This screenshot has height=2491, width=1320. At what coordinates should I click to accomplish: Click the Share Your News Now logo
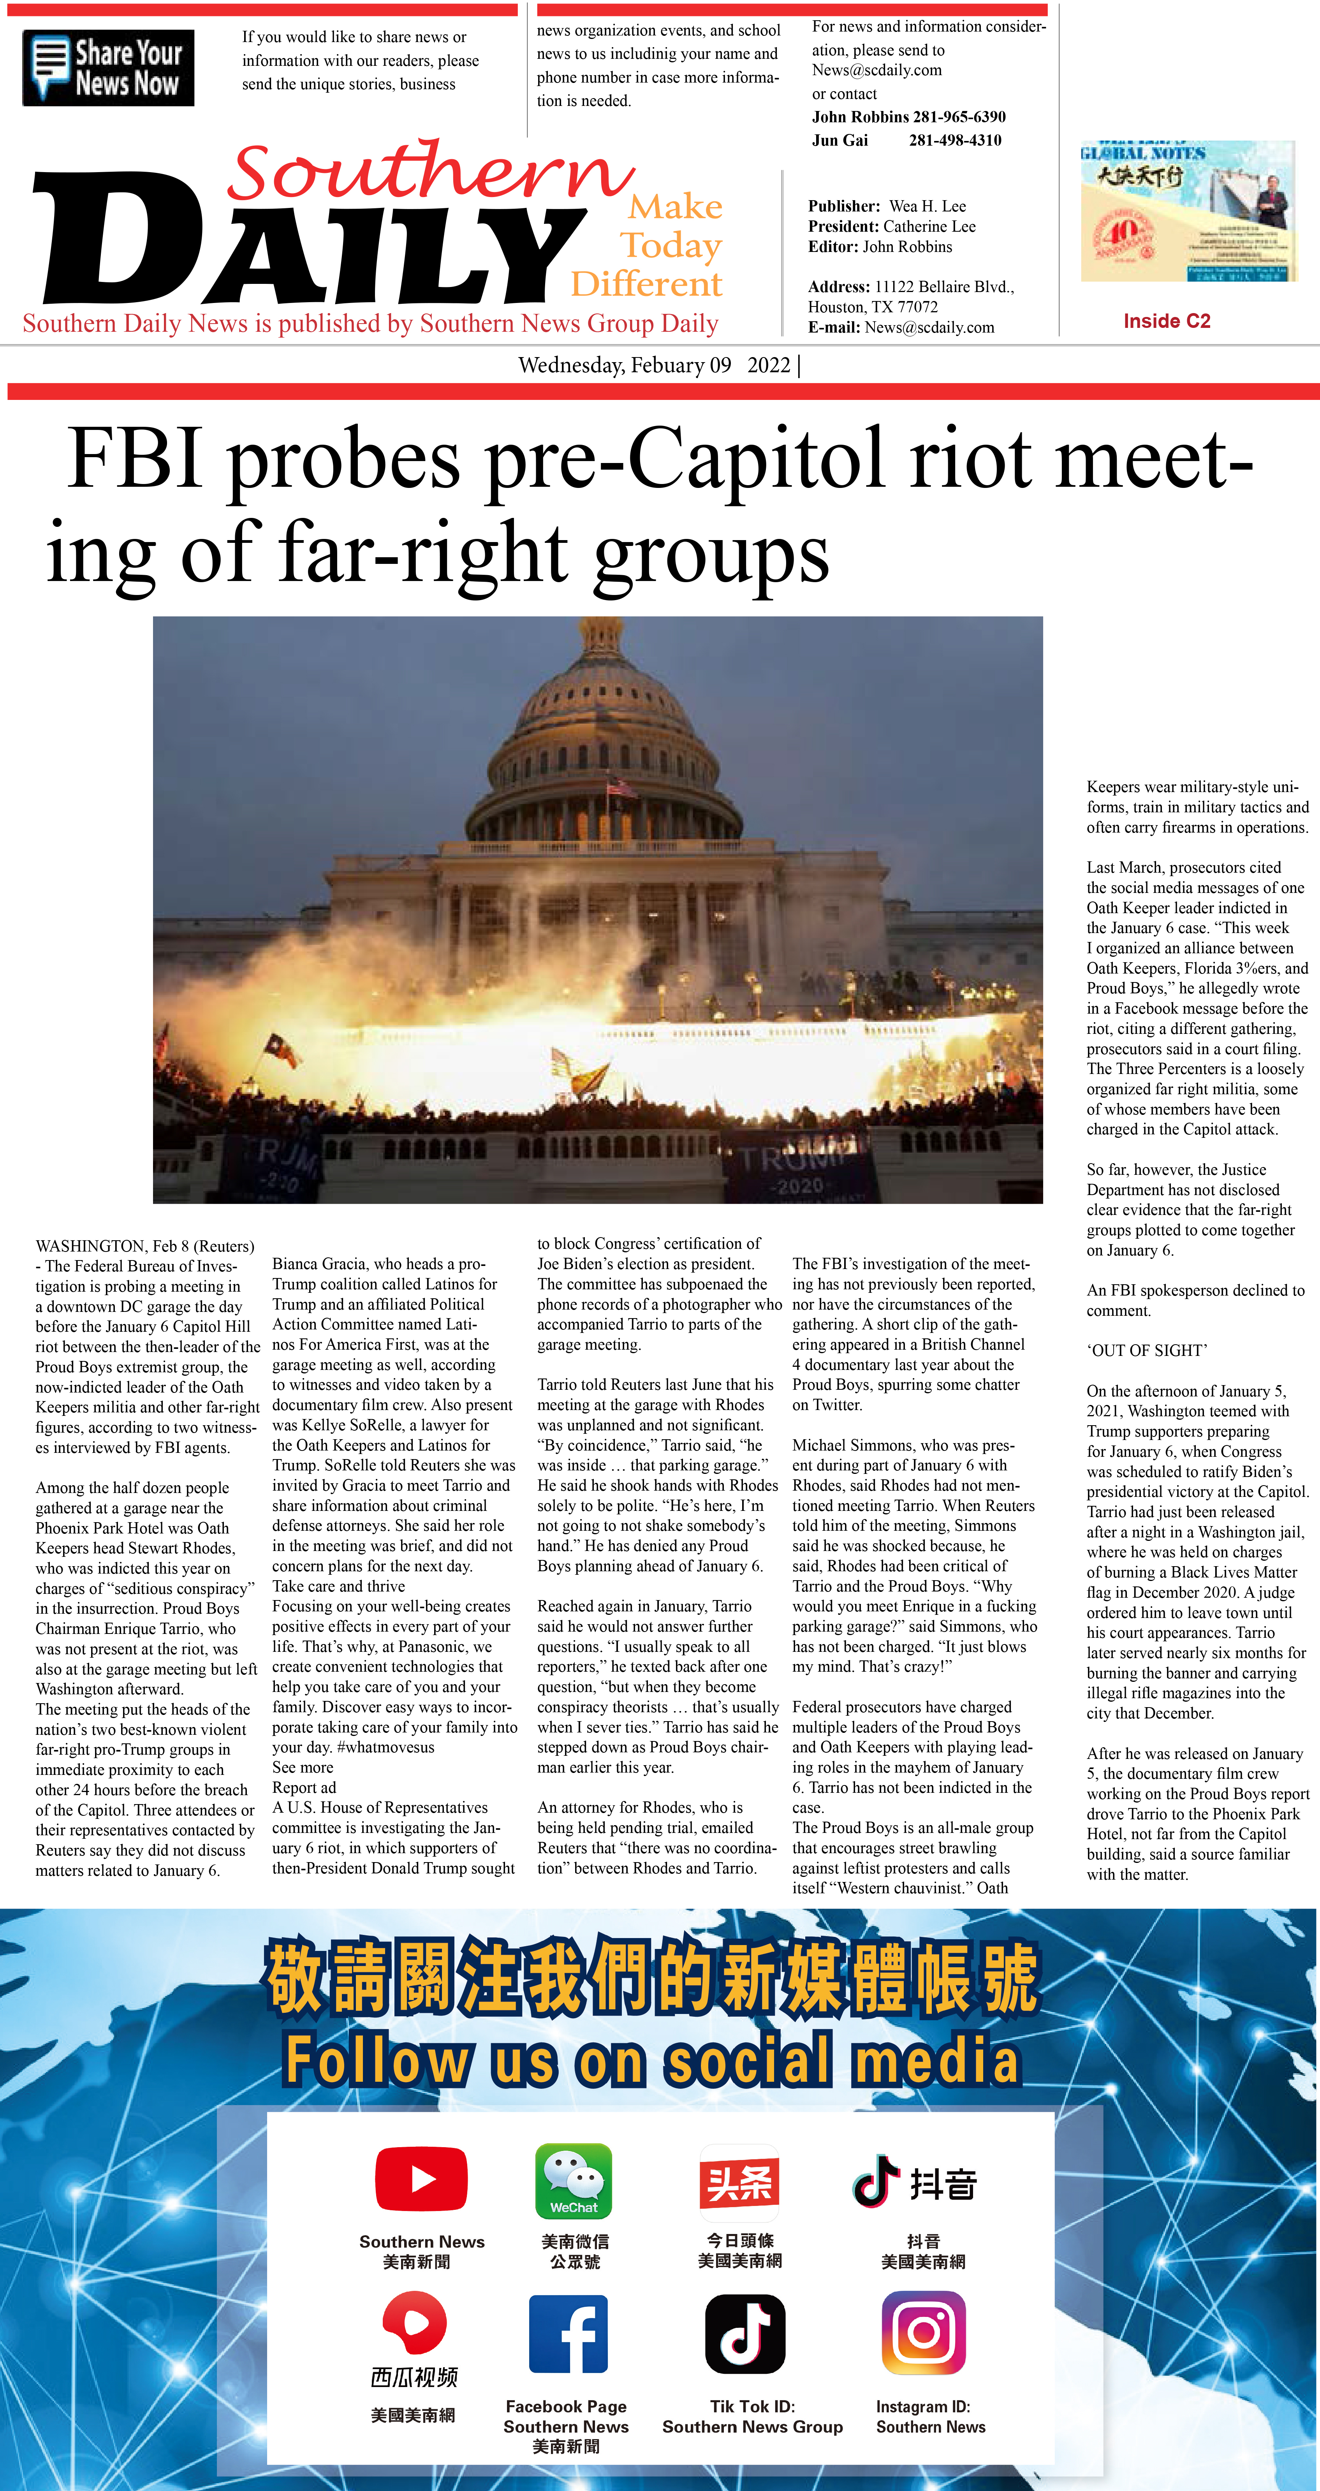coord(108,68)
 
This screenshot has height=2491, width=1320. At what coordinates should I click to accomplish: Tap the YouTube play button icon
coord(422,2179)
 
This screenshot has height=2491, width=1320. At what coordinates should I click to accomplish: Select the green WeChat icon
coord(574,2181)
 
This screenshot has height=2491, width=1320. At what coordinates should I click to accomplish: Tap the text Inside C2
coord(1166,321)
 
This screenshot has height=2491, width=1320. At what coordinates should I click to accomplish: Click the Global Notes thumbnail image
coord(1188,211)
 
